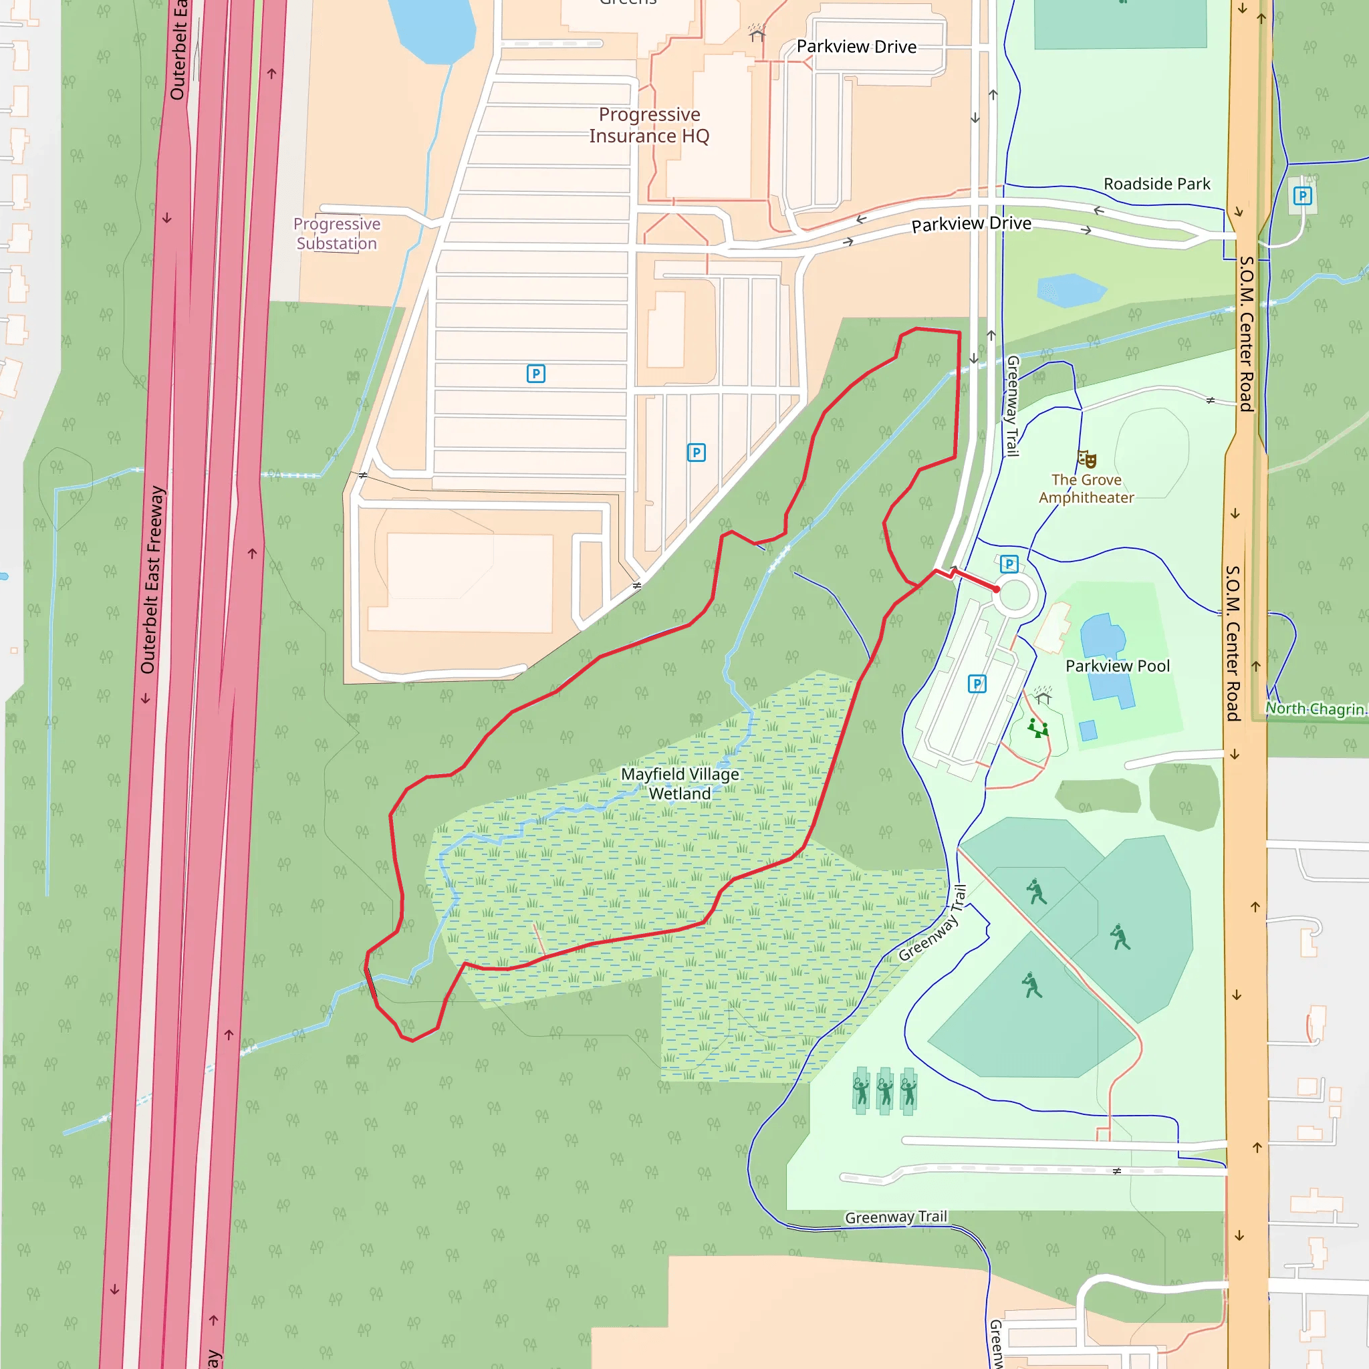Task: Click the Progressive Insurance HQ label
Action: [x=649, y=126]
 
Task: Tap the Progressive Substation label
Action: [x=337, y=234]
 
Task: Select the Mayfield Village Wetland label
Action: [x=680, y=783]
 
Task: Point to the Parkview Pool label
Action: [x=1118, y=666]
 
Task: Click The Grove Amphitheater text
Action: [x=1086, y=489]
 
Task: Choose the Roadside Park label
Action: [x=1156, y=184]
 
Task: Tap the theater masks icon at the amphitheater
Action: [x=1087, y=459]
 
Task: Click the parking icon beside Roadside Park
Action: [x=1302, y=196]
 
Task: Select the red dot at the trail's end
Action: [x=996, y=589]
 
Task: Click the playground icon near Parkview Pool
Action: [x=1039, y=729]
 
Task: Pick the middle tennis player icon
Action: [x=885, y=1091]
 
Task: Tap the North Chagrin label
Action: [x=1315, y=709]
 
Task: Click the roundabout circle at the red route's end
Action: [x=1015, y=595]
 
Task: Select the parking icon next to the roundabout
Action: [x=1009, y=564]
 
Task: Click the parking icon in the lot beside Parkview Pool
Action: [x=977, y=684]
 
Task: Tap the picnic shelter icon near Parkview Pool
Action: [x=1042, y=696]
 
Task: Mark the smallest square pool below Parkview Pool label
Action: [x=1088, y=730]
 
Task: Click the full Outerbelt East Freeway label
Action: [x=152, y=580]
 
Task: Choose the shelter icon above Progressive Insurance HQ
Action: [x=757, y=33]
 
